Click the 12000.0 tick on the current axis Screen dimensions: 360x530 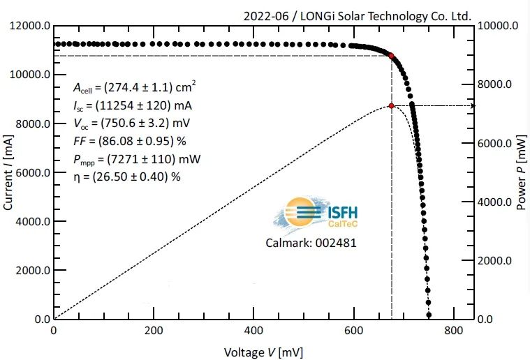28,26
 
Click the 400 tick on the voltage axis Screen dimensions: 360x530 253,331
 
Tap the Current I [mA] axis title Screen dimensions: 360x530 9,173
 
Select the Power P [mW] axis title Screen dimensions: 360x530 521,173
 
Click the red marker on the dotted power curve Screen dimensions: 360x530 392,105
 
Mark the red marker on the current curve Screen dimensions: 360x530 391,56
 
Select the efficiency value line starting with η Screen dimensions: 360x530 126,177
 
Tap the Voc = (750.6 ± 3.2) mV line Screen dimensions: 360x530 133,123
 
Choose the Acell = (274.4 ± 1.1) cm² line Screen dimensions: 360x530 134,88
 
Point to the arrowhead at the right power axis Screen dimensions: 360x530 473,105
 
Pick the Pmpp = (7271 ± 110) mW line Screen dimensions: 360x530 136,159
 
